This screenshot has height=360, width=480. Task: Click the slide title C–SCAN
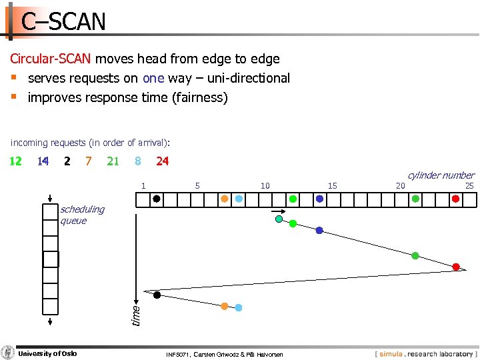click(63, 22)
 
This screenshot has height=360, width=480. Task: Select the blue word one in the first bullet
click(153, 79)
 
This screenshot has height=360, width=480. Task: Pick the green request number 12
click(15, 161)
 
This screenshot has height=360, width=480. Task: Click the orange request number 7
click(89, 161)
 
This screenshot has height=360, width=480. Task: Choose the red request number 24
click(162, 161)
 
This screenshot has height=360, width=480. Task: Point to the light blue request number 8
click(137, 161)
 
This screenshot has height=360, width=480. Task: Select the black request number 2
click(67, 161)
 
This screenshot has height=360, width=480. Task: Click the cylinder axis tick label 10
click(265, 186)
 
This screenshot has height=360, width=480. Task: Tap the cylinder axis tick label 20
click(401, 186)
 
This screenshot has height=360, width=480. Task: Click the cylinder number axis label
click(441, 175)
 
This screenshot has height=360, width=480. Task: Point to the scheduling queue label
click(82, 215)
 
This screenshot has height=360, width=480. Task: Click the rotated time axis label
click(135, 315)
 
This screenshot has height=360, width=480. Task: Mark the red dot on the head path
click(456, 267)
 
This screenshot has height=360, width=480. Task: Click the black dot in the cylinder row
click(157, 199)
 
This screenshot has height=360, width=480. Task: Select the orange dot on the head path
click(225, 306)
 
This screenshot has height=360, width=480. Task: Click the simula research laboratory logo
click(424, 354)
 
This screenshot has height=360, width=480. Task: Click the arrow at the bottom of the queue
click(50, 321)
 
